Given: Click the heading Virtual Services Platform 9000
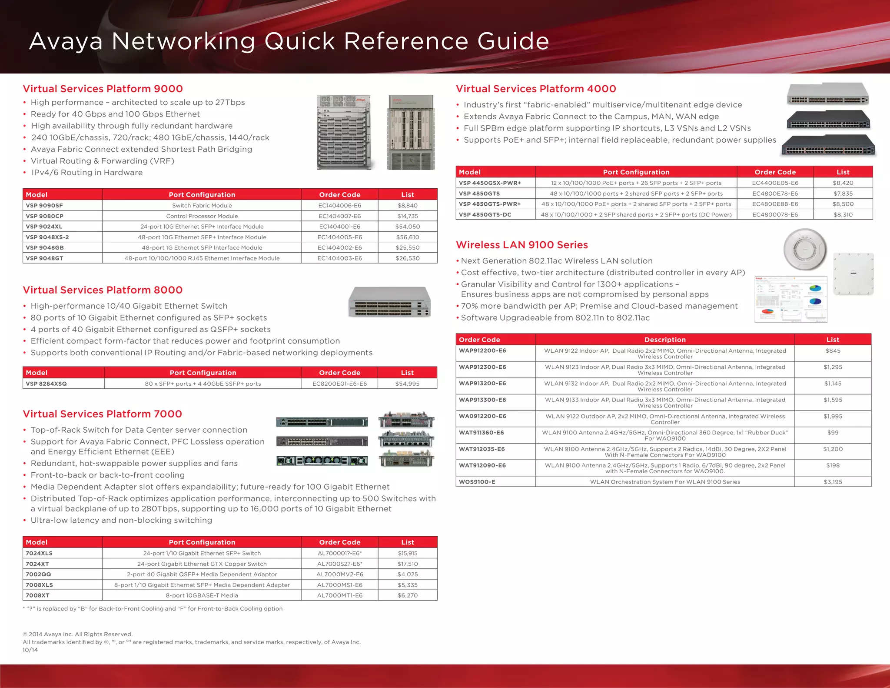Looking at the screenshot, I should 103,89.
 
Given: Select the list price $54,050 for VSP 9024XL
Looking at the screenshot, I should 407,227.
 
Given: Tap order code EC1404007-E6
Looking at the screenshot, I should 339,216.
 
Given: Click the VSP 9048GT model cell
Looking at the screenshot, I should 44,258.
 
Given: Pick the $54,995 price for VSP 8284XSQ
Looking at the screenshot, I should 407,384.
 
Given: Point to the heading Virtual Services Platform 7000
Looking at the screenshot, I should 102,414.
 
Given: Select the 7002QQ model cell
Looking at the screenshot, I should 38,574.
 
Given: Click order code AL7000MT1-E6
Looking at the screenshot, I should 339,595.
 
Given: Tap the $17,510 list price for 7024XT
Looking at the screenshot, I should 407,564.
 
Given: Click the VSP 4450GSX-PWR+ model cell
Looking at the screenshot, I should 490,183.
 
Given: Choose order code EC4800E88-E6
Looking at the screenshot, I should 775,204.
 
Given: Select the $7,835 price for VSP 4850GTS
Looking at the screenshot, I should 843,194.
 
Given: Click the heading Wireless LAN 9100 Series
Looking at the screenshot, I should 521,245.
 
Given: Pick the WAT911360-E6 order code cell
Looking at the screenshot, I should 481,433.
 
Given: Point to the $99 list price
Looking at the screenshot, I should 833,433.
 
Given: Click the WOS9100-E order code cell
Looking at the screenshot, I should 477,482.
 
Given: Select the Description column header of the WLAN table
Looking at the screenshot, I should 664,340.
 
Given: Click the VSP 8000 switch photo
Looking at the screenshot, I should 389,302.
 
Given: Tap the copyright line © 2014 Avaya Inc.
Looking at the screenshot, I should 77,634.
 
